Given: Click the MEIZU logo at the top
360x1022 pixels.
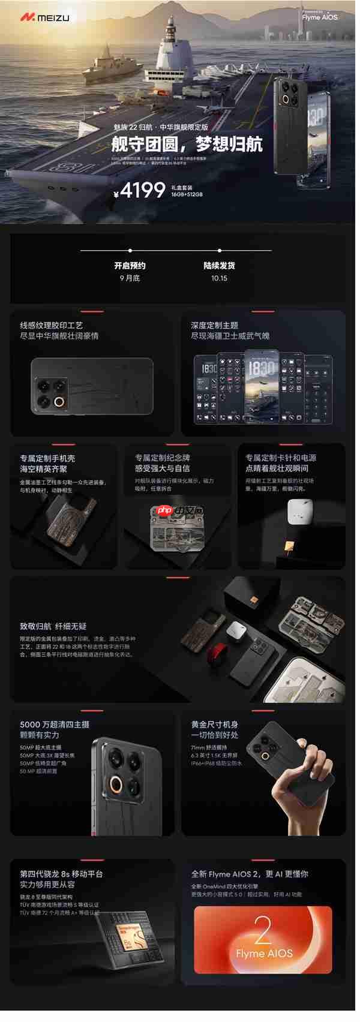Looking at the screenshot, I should click(44, 18).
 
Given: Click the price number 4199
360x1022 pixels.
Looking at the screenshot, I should click(143, 190).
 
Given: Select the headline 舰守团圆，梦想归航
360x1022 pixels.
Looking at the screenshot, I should click(187, 144).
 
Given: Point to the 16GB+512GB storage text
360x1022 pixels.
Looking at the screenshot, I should click(187, 194).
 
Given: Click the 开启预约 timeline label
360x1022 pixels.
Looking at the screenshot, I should click(130, 266).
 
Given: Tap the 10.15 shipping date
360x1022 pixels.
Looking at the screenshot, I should click(219, 278).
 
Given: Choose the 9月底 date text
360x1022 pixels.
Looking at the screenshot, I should click(130, 278).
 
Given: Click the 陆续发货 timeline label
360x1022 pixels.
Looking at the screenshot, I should click(219, 266).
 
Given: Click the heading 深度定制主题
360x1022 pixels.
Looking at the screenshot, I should click(214, 325).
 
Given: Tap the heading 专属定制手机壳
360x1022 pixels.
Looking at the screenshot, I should click(47, 458).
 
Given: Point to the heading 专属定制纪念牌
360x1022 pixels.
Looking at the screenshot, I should click(162, 458).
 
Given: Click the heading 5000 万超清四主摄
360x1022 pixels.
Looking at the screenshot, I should click(55, 725).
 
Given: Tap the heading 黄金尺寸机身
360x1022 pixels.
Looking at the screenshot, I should click(214, 725).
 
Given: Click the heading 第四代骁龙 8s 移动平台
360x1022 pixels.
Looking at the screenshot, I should click(61, 874).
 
